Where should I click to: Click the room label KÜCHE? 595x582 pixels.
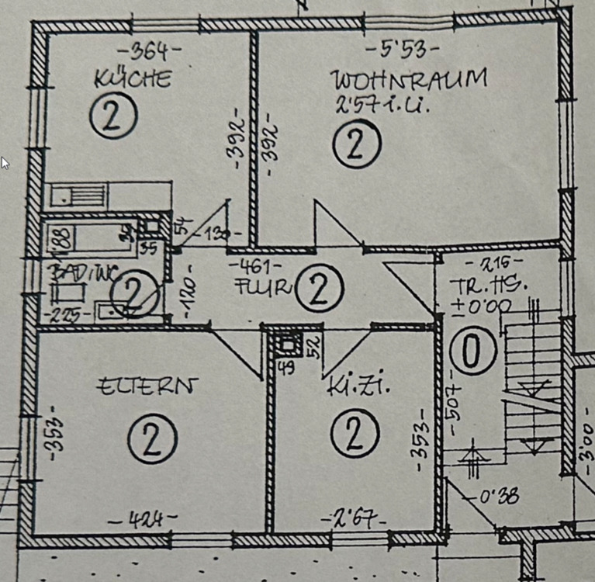132,79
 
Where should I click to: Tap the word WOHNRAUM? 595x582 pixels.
410,79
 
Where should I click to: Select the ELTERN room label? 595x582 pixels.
147,386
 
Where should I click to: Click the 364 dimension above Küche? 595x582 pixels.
147,52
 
